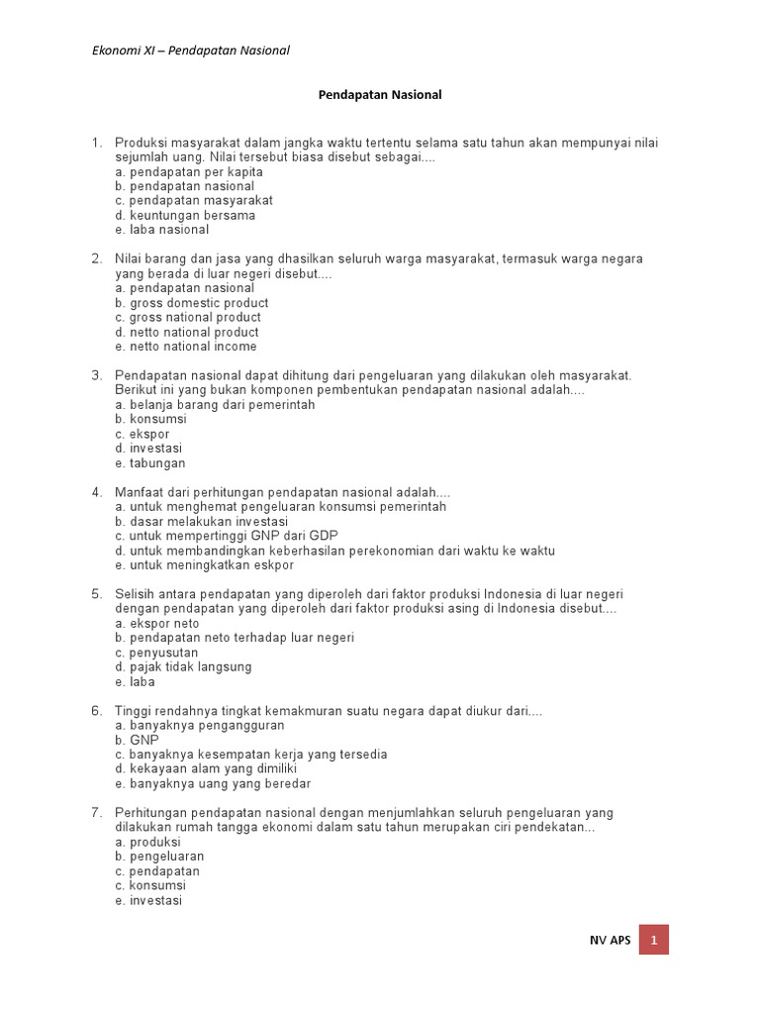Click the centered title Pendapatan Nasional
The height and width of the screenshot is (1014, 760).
point(380,95)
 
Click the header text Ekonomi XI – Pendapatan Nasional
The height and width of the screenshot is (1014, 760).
point(191,51)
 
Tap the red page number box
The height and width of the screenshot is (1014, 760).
point(654,939)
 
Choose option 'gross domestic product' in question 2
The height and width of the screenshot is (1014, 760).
point(191,303)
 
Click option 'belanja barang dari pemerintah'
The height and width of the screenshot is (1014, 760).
point(215,405)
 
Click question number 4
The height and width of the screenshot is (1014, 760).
point(97,492)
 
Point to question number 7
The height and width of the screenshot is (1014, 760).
point(97,813)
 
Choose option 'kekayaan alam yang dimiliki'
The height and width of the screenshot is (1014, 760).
point(206,768)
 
